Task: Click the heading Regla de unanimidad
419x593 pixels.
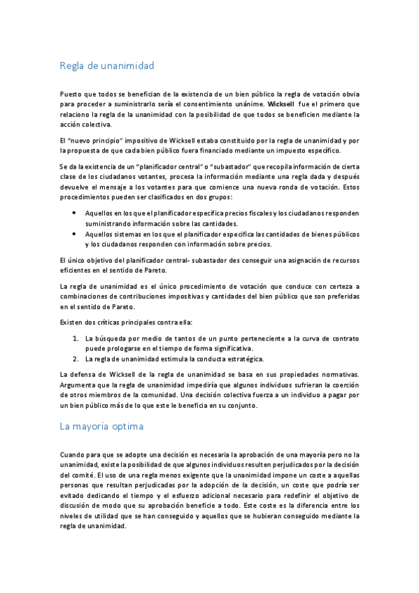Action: pyautogui.click(x=106, y=66)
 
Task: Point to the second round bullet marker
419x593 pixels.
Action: pyautogui.click(x=75, y=234)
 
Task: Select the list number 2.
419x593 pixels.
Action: pyautogui.click(x=76, y=358)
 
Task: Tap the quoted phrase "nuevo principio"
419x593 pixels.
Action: pyautogui.click(x=91, y=140)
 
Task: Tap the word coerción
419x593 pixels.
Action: pyautogui.click(x=343, y=384)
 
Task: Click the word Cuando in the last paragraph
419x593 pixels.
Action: pyautogui.click(x=73, y=454)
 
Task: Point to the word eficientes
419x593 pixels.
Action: pyautogui.click(x=77, y=269)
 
